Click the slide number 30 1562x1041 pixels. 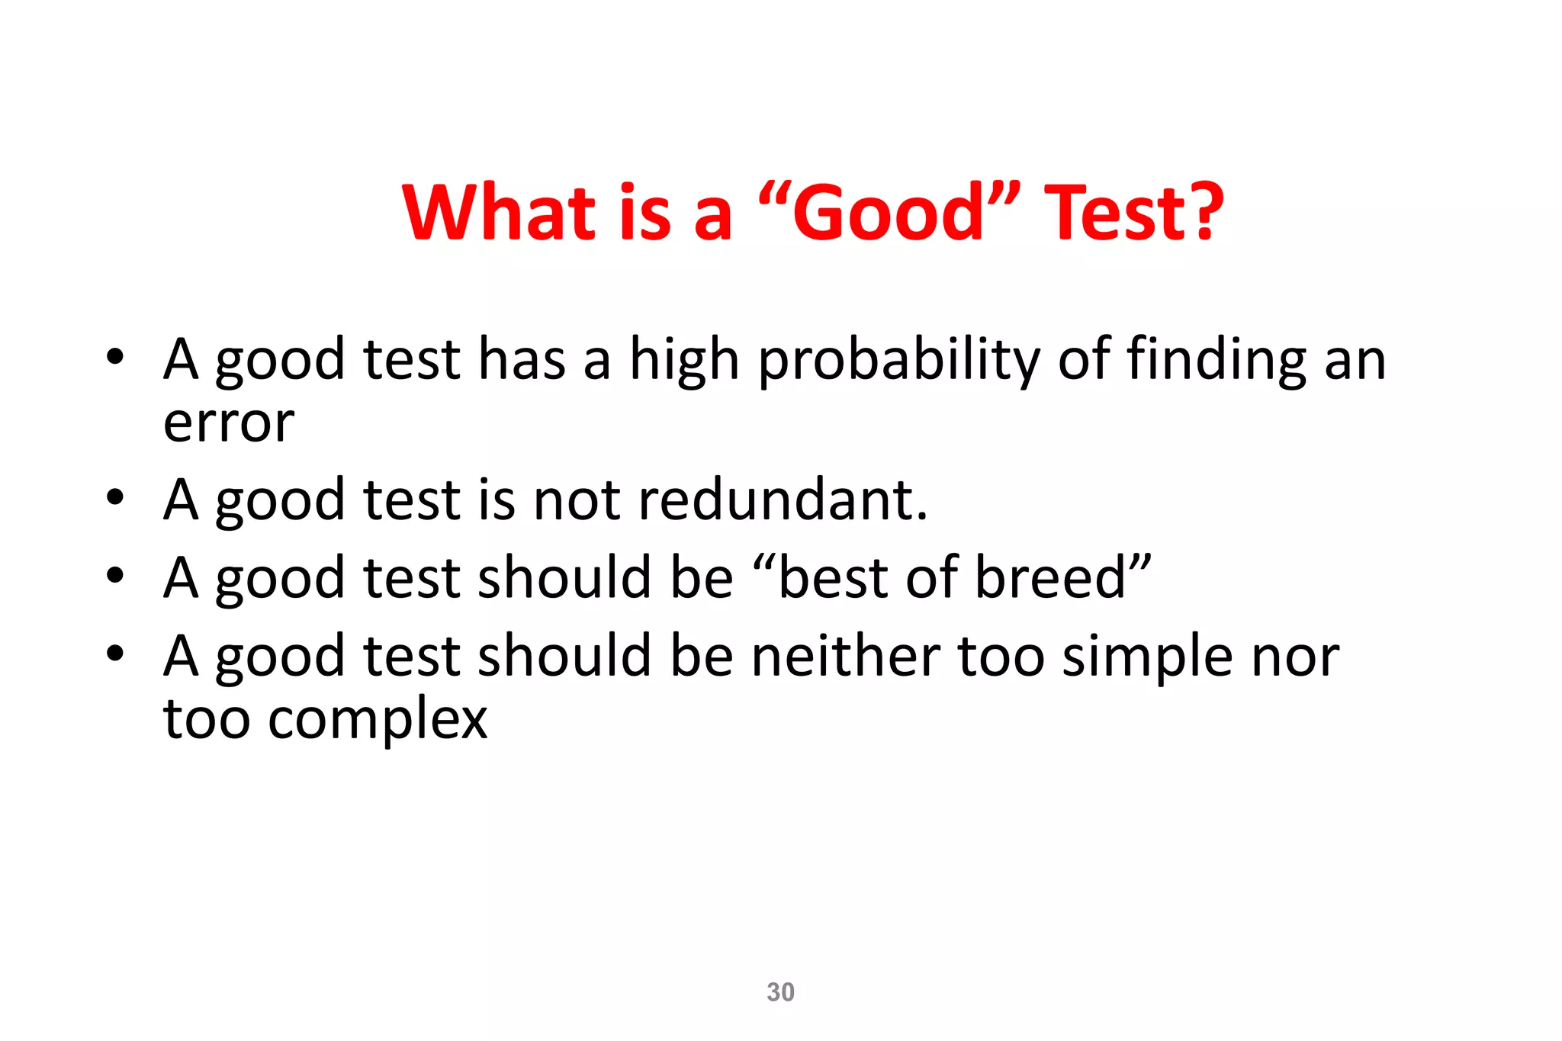pyautogui.click(x=780, y=992)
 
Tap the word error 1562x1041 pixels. pyautogui.click(x=229, y=424)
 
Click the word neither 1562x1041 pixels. pyautogui.click(x=845, y=655)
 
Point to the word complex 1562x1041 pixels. pyautogui.click(x=377, y=720)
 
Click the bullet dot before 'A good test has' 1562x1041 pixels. pyautogui.click(x=115, y=357)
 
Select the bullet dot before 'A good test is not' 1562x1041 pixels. pyautogui.click(x=115, y=497)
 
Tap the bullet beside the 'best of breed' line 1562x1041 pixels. pyautogui.click(x=115, y=575)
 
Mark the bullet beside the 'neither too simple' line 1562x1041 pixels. pyautogui.click(x=115, y=653)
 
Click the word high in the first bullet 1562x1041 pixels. pyautogui.click(x=684, y=360)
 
